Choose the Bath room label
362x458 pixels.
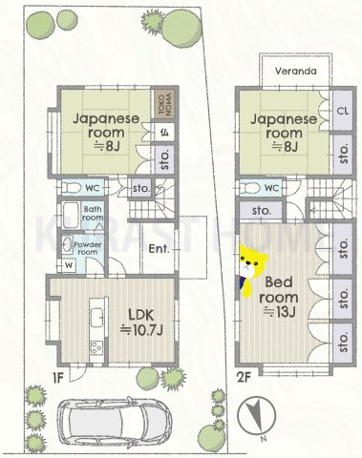click(x=93, y=213)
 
